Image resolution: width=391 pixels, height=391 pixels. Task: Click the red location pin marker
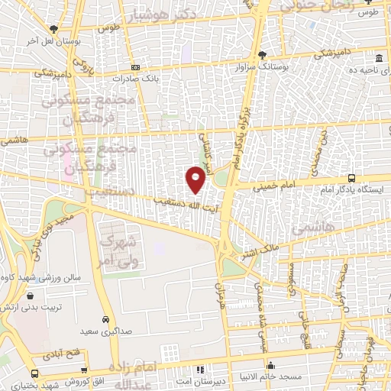[195, 180]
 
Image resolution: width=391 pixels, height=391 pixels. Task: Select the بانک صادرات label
[134, 78]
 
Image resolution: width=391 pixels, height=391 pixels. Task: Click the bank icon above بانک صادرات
[135, 67]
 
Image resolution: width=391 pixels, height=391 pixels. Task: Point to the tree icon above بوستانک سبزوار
[262, 55]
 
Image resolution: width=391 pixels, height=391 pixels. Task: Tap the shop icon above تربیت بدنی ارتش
[30, 296]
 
